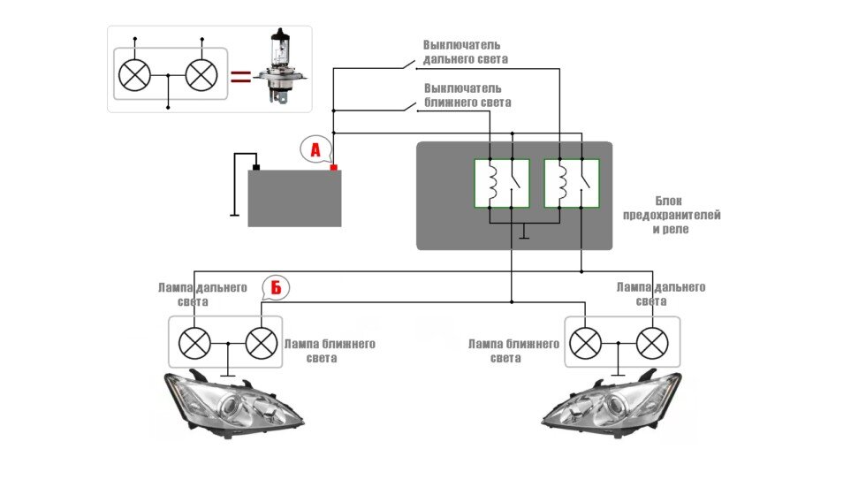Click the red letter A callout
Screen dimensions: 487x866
(315, 150)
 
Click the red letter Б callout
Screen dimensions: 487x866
(276, 288)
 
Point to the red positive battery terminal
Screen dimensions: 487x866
(334, 166)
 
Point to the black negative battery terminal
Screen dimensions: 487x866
(255, 166)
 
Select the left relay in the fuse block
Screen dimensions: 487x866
(502, 183)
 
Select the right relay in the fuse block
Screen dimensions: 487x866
(572, 183)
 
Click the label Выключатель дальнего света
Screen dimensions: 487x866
(465, 51)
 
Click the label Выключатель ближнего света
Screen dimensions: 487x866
(467, 95)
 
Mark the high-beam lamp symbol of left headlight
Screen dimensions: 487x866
(194, 342)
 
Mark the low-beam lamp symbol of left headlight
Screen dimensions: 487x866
(261, 342)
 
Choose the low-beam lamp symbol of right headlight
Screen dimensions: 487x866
(585, 342)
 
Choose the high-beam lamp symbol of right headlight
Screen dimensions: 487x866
(652, 342)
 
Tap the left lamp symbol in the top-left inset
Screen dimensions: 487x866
(135, 75)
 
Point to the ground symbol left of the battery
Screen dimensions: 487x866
(234, 214)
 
